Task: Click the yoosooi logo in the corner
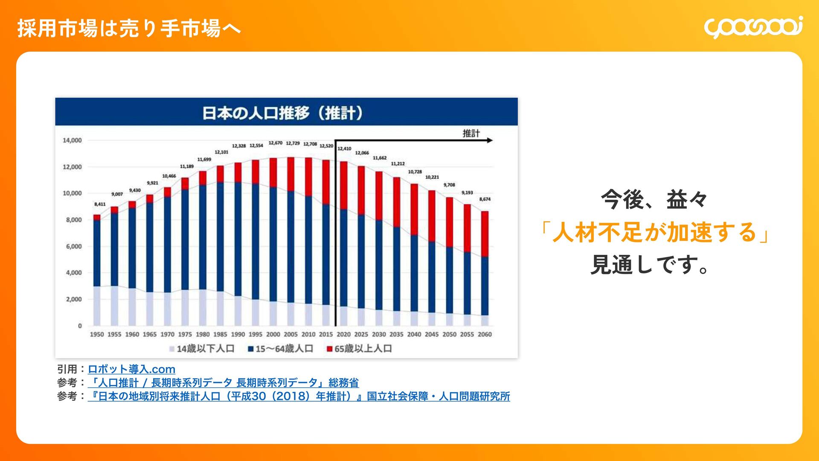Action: (x=753, y=27)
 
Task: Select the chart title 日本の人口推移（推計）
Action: (x=282, y=113)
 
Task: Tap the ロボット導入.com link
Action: (x=131, y=369)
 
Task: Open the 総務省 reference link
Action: (x=223, y=383)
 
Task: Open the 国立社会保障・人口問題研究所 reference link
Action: (x=299, y=397)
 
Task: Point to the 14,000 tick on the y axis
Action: (x=72, y=140)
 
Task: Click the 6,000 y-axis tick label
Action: (x=73, y=246)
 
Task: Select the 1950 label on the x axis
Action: (x=97, y=335)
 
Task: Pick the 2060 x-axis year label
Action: (x=485, y=335)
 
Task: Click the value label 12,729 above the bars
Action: (x=293, y=143)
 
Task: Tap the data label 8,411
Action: (x=100, y=204)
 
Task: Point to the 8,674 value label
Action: (x=485, y=199)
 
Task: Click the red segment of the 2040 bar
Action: (x=414, y=209)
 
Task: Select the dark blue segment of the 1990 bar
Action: (x=238, y=239)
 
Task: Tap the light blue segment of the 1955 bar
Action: (x=114, y=305)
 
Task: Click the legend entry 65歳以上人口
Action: (x=359, y=349)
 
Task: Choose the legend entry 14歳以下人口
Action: (x=202, y=349)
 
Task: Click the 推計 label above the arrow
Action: (x=471, y=133)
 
